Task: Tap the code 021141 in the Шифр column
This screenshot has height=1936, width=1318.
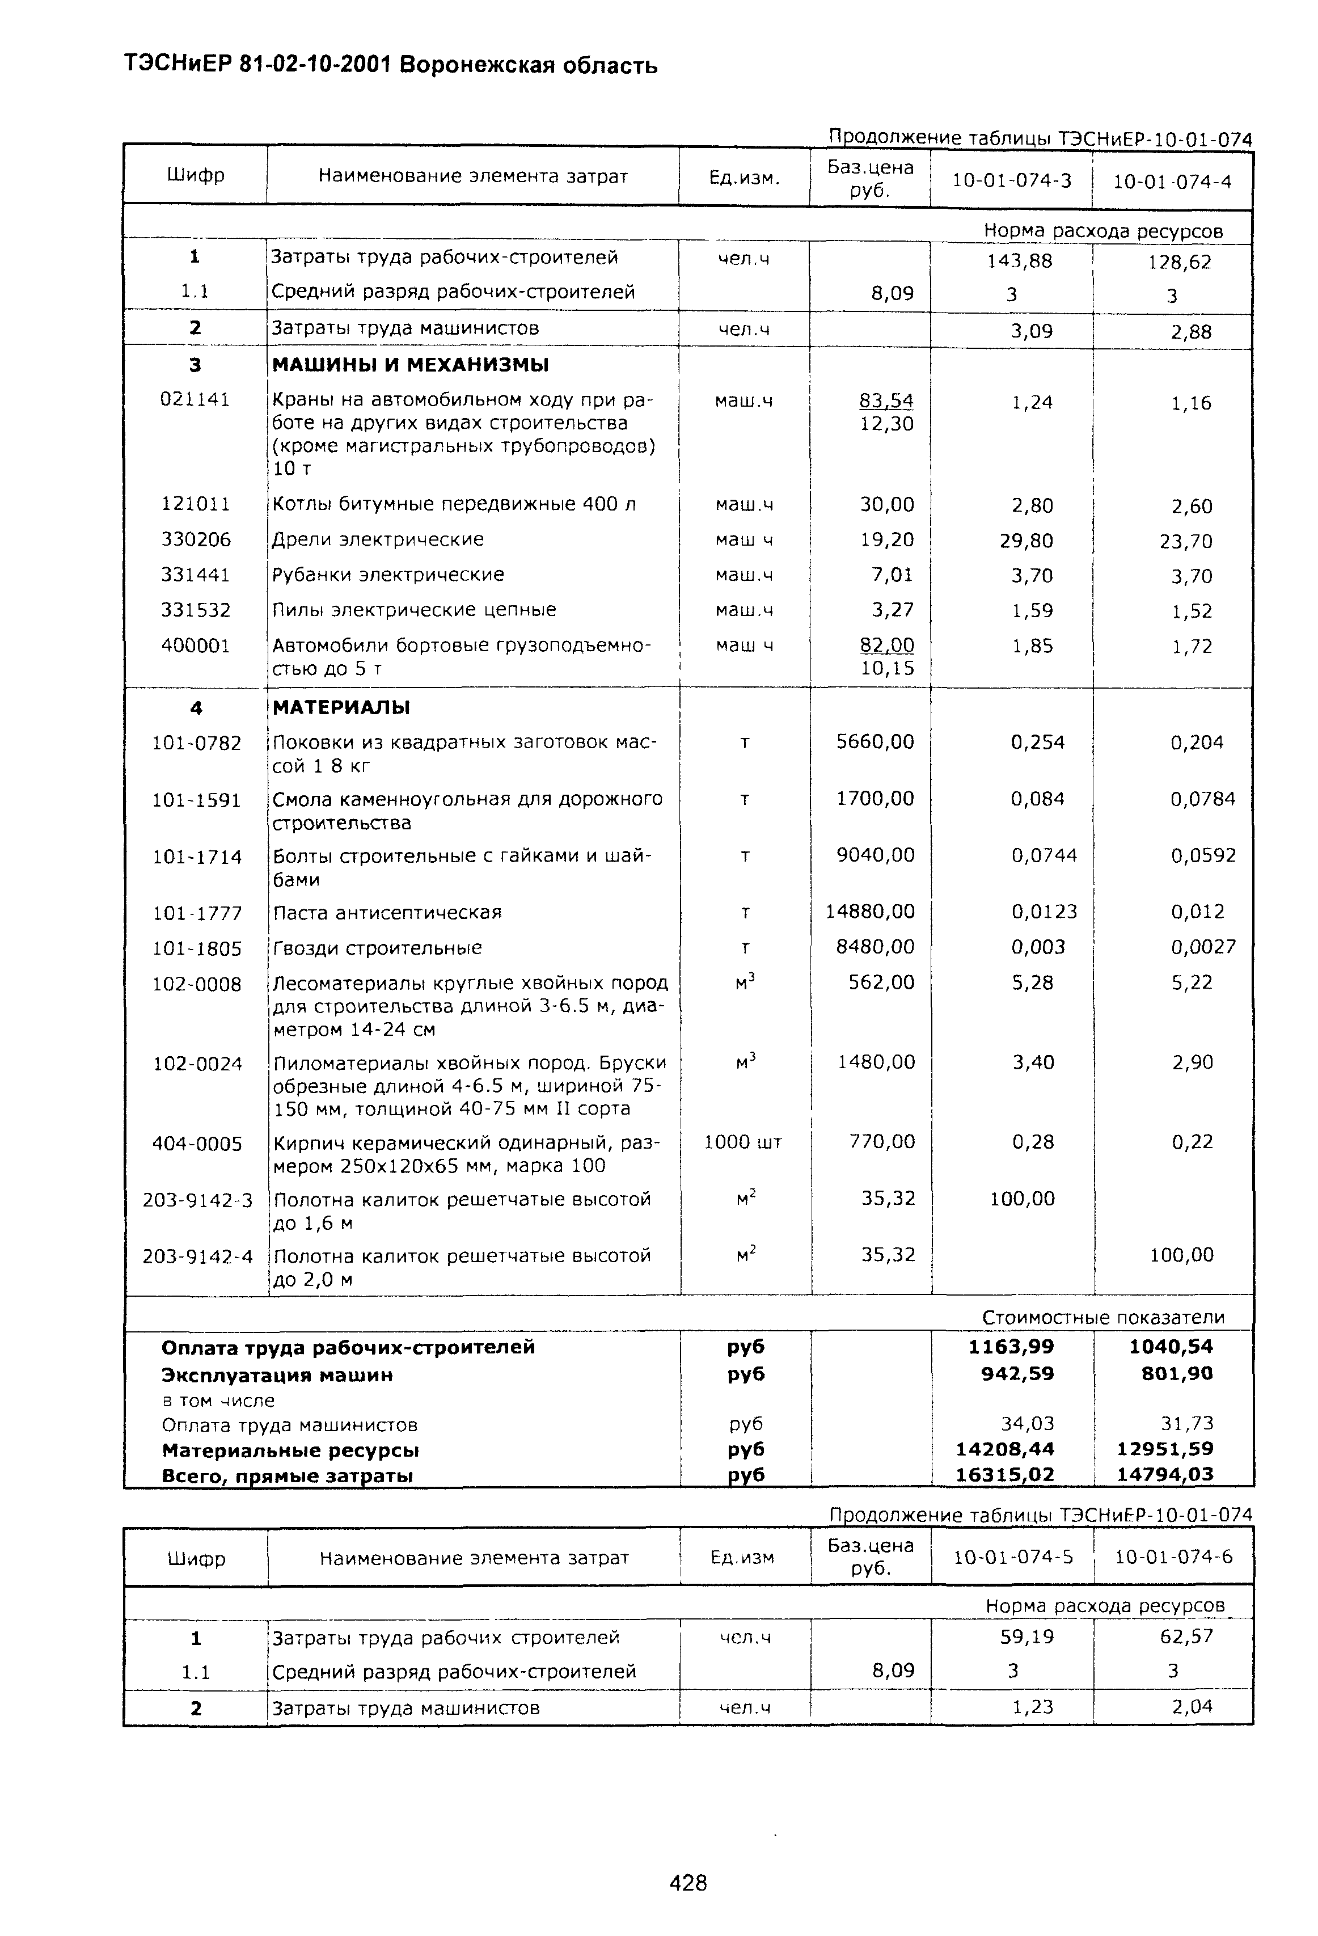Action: tap(195, 399)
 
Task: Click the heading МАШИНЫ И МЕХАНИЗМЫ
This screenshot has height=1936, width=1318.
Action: tap(411, 365)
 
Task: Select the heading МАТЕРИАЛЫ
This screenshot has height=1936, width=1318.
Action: tap(341, 707)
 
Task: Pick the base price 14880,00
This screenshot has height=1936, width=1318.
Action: tap(870, 912)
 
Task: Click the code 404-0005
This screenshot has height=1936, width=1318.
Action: tap(197, 1143)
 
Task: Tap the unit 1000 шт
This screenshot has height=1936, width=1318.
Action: tap(743, 1141)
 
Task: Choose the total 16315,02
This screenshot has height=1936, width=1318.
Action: tap(1005, 1474)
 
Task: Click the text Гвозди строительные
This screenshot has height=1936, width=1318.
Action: tap(377, 947)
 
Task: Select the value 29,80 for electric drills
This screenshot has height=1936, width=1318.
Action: tap(1026, 541)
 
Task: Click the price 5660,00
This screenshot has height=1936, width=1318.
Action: tap(875, 741)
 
